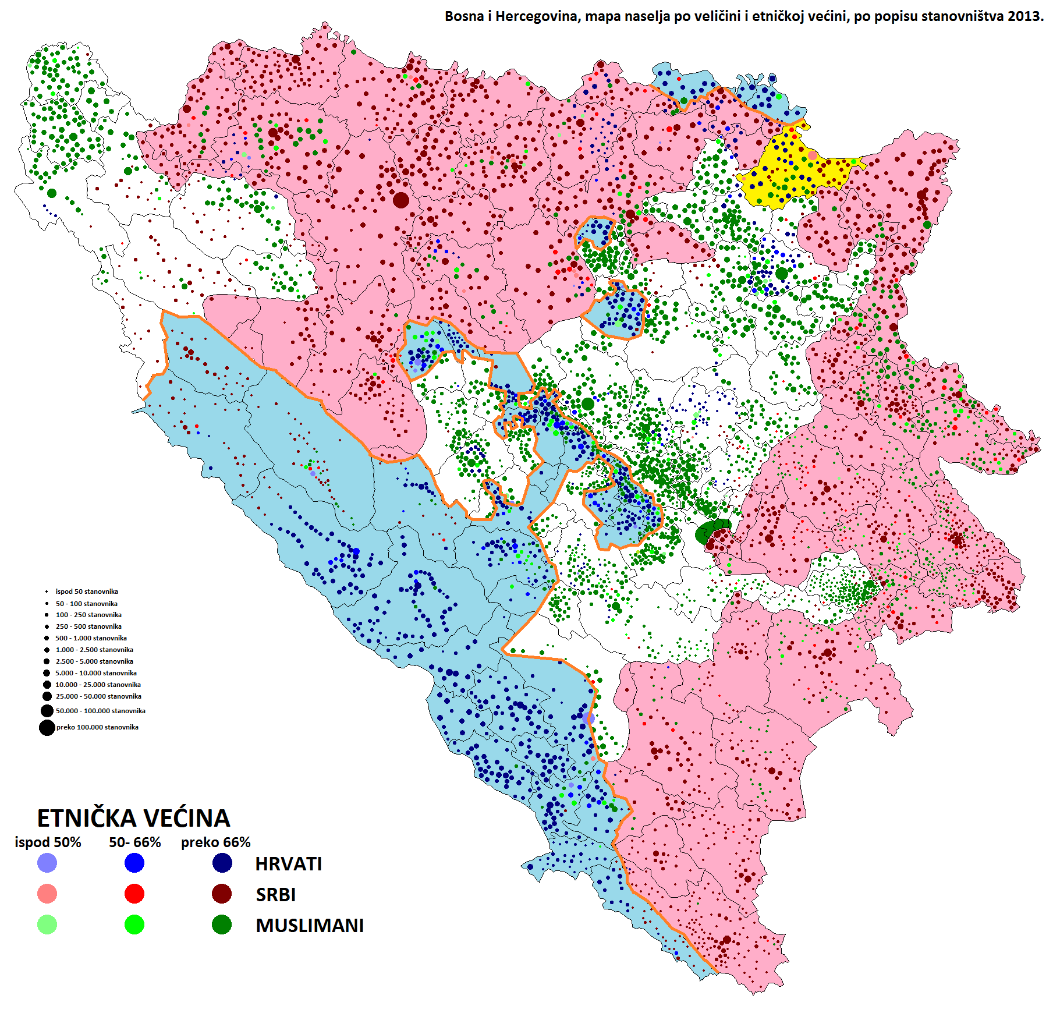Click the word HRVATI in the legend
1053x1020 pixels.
pyautogui.click(x=288, y=864)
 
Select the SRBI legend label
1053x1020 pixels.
pyautogui.click(x=275, y=895)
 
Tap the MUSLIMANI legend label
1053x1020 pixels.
pyautogui.click(x=309, y=926)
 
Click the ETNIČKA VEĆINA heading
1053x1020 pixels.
pyautogui.click(x=133, y=818)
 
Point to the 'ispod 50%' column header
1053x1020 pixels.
pyautogui.click(x=48, y=842)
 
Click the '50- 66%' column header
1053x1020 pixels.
pyautogui.click(x=134, y=842)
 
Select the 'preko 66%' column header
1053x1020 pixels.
pyautogui.click(x=215, y=842)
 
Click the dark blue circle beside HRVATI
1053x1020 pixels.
pyautogui.click(x=222, y=863)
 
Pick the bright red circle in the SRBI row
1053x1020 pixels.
pyautogui.click(x=134, y=894)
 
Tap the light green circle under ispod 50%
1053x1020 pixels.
pyautogui.click(x=47, y=925)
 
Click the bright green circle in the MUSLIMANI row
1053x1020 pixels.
pyautogui.click(x=134, y=925)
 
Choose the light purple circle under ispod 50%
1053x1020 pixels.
pyautogui.click(x=47, y=863)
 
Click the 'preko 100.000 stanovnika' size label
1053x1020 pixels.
pyautogui.click(x=97, y=727)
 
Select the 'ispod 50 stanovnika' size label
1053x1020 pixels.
pyautogui.click(x=87, y=592)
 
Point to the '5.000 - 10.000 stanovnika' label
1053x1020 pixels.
pyautogui.click(x=96, y=673)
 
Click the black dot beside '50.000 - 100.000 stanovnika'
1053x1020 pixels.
pyautogui.click(x=47, y=711)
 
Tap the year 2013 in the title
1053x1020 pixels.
pyautogui.click(x=1025, y=16)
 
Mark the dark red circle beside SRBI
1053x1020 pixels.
pyautogui.click(x=222, y=894)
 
